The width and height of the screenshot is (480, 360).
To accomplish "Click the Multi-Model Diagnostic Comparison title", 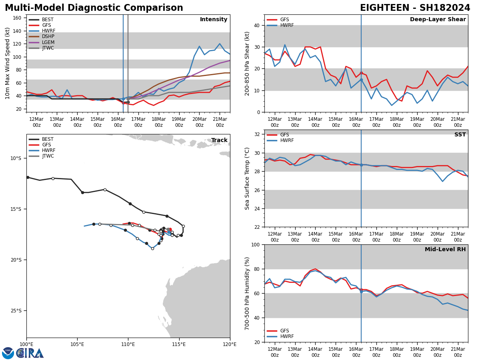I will click(x=94, y=8).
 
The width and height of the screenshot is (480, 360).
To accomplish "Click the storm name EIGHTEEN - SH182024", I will click(x=415, y=8).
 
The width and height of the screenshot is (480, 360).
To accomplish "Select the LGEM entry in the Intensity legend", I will click(x=48, y=42).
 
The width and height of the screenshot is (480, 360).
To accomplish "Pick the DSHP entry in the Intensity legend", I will click(x=48, y=37).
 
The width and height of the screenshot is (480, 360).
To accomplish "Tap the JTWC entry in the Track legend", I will click(x=48, y=156).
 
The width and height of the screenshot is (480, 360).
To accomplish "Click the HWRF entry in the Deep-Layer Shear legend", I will click(x=287, y=26).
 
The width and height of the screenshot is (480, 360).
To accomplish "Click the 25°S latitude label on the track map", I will click(x=16, y=311).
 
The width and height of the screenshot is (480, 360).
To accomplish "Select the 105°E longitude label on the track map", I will click(x=77, y=344).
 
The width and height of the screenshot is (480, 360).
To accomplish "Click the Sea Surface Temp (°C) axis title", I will click(x=247, y=178).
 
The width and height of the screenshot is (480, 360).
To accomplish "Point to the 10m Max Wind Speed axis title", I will click(x=8, y=63).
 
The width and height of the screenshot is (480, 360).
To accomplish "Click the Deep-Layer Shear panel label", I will click(x=438, y=20).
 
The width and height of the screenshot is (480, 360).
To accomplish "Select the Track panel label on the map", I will click(x=219, y=140).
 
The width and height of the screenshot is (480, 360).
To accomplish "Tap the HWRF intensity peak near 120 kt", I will click(x=220, y=44).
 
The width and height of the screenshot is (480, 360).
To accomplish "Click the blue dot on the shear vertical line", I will click(x=361, y=80).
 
